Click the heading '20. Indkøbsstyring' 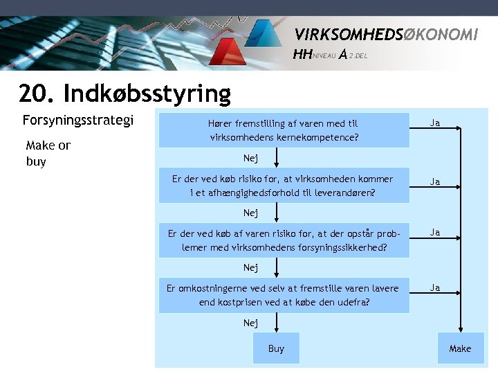[125, 93]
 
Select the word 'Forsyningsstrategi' [77, 121]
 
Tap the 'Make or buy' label [48, 153]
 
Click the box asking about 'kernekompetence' [284, 130]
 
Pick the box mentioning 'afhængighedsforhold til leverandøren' [284, 185]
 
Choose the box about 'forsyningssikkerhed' [284, 240]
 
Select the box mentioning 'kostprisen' [284, 295]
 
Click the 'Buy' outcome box [276, 348]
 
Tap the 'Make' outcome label [460, 348]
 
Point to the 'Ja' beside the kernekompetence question [435, 123]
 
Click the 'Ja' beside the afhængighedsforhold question [435, 182]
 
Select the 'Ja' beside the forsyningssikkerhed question [435, 233]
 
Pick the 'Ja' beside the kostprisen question [435, 287]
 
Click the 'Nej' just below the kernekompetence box [250, 159]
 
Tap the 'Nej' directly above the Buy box [250, 323]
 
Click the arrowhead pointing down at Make [460, 333]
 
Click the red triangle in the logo [227, 53]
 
